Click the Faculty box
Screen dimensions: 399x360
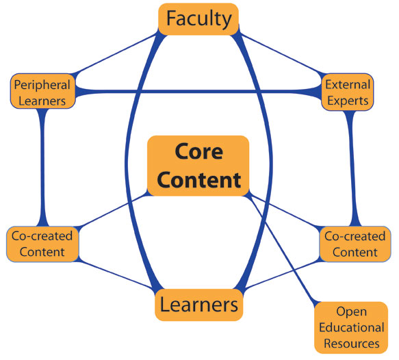pyautogui.click(x=198, y=19)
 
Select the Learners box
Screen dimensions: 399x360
pyautogui.click(x=199, y=305)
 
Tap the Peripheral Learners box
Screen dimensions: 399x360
pyautogui.click(x=42, y=91)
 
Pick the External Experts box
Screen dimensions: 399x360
pyautogui.click(x=348, y=92)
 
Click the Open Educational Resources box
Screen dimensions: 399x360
pyautogui.click(x=351, y=327)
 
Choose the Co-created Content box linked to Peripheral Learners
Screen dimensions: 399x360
pyautogui.click(x=42, y=244)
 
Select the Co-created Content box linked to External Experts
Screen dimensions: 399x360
pyautogui.click(x=355, y=244)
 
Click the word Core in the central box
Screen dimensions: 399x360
pyautogui.click(x=199, y=151)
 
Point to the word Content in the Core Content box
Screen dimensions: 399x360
pyautogui.click(x=199, y=180)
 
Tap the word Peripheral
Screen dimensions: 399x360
pyautogui.click(x=42, y=85)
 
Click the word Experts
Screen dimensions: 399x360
pyautogui.click(x=348, y=101)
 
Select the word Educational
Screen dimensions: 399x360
pyautogui.click(x=351, y=327)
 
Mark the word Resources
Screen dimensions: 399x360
pyautogui.click(x=352, y=344)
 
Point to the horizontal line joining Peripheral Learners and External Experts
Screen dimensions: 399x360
pyautogui.click(x=198, y=91)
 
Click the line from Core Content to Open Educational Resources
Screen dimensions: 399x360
pyautogui.click(x=282, y=248)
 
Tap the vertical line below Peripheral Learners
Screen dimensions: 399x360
pyautogui.click(x=42, y=168)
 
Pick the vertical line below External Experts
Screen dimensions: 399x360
pyautogui.click(x=353, y=168)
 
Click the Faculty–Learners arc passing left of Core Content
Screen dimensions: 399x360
pyautogui.click(x=126, y=163)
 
